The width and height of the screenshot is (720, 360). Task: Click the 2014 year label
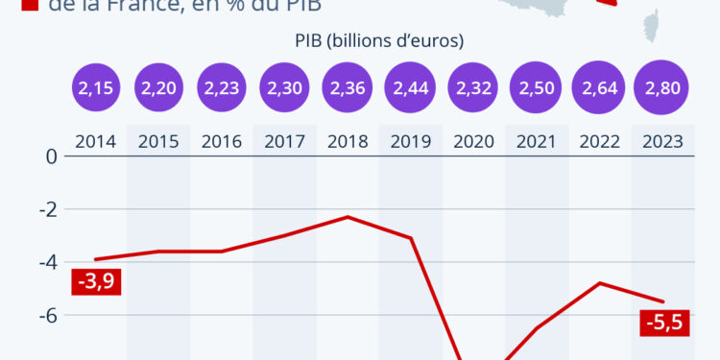[x=96, y=141]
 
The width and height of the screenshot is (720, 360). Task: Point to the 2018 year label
[x=348, y=141]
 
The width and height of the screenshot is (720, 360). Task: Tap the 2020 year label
[x=473, y=141]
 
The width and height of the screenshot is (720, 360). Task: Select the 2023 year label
[x=661, y=141]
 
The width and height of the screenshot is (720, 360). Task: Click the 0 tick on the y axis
[x=52, y=156]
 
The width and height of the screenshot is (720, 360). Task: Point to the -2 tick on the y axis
[x=47, y=209]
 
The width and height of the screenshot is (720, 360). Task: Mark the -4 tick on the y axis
[x=47, y=262]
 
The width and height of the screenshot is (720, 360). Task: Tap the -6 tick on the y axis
[x=47, y=316]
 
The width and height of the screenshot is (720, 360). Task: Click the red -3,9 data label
[x=96, y=282]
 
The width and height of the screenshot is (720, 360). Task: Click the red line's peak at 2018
[x=348, y=217]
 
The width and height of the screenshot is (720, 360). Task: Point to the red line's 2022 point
[x=599, y=283]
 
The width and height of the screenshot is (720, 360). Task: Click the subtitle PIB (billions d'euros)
[x=378, y=40]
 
